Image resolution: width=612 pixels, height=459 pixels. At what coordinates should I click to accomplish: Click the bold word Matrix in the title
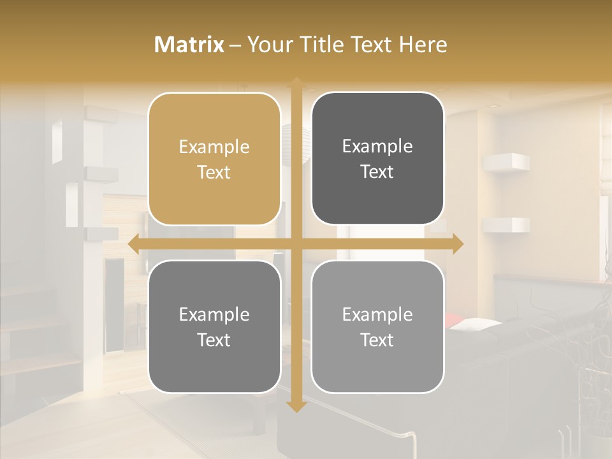tap(189, 45)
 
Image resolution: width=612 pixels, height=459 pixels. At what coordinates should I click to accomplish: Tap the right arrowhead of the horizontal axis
tap(458, 244)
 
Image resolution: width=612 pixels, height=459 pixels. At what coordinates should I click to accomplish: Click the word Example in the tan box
tap(214, 147)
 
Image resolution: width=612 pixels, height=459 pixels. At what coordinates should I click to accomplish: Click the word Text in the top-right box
tap(377, 172)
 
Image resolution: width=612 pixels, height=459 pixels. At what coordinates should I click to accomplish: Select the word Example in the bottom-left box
tap(214, 315)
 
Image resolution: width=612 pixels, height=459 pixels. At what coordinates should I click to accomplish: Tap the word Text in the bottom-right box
tap(377, 340)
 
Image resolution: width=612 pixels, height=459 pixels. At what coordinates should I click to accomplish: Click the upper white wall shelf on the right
tap(507, 162)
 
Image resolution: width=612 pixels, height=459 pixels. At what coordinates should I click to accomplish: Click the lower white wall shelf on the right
tap(507, 224)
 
